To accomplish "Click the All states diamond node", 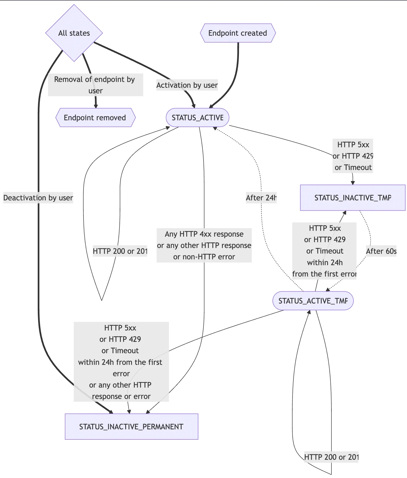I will tap(74, 33).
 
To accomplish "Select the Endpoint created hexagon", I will tap(238, 33).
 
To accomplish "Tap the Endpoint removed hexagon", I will tap(95, 118).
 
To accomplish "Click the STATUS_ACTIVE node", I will tap(197, 118).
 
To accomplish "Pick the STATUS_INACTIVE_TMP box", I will tap(353, 198).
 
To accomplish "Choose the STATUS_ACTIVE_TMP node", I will tap(313, 301).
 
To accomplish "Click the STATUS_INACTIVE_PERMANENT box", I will tap(131, 427).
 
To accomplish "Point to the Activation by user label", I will tap(187, 85).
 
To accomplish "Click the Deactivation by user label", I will tap(38, 198).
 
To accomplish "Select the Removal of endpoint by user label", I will tap(95, 85).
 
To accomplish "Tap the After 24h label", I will tap(261, 198).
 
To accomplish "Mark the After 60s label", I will tap(381, 251).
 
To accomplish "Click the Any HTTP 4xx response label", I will tap(204, 234).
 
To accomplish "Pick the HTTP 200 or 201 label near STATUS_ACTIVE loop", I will tap(120, 251).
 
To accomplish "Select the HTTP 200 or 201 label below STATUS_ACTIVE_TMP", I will tap(331, 457).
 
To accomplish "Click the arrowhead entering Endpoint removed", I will tap(96, 106).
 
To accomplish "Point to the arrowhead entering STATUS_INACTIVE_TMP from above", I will tap(353, 183).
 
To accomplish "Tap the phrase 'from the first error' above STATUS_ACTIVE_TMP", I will tap(325, 274).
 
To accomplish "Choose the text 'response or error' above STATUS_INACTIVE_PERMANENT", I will tap(121, 397).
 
